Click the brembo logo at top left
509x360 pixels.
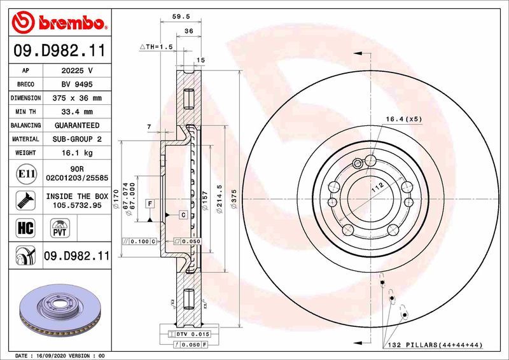coord(58,24)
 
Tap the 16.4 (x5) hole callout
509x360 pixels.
coord(403,119)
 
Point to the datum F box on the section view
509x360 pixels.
coord(150,204)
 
